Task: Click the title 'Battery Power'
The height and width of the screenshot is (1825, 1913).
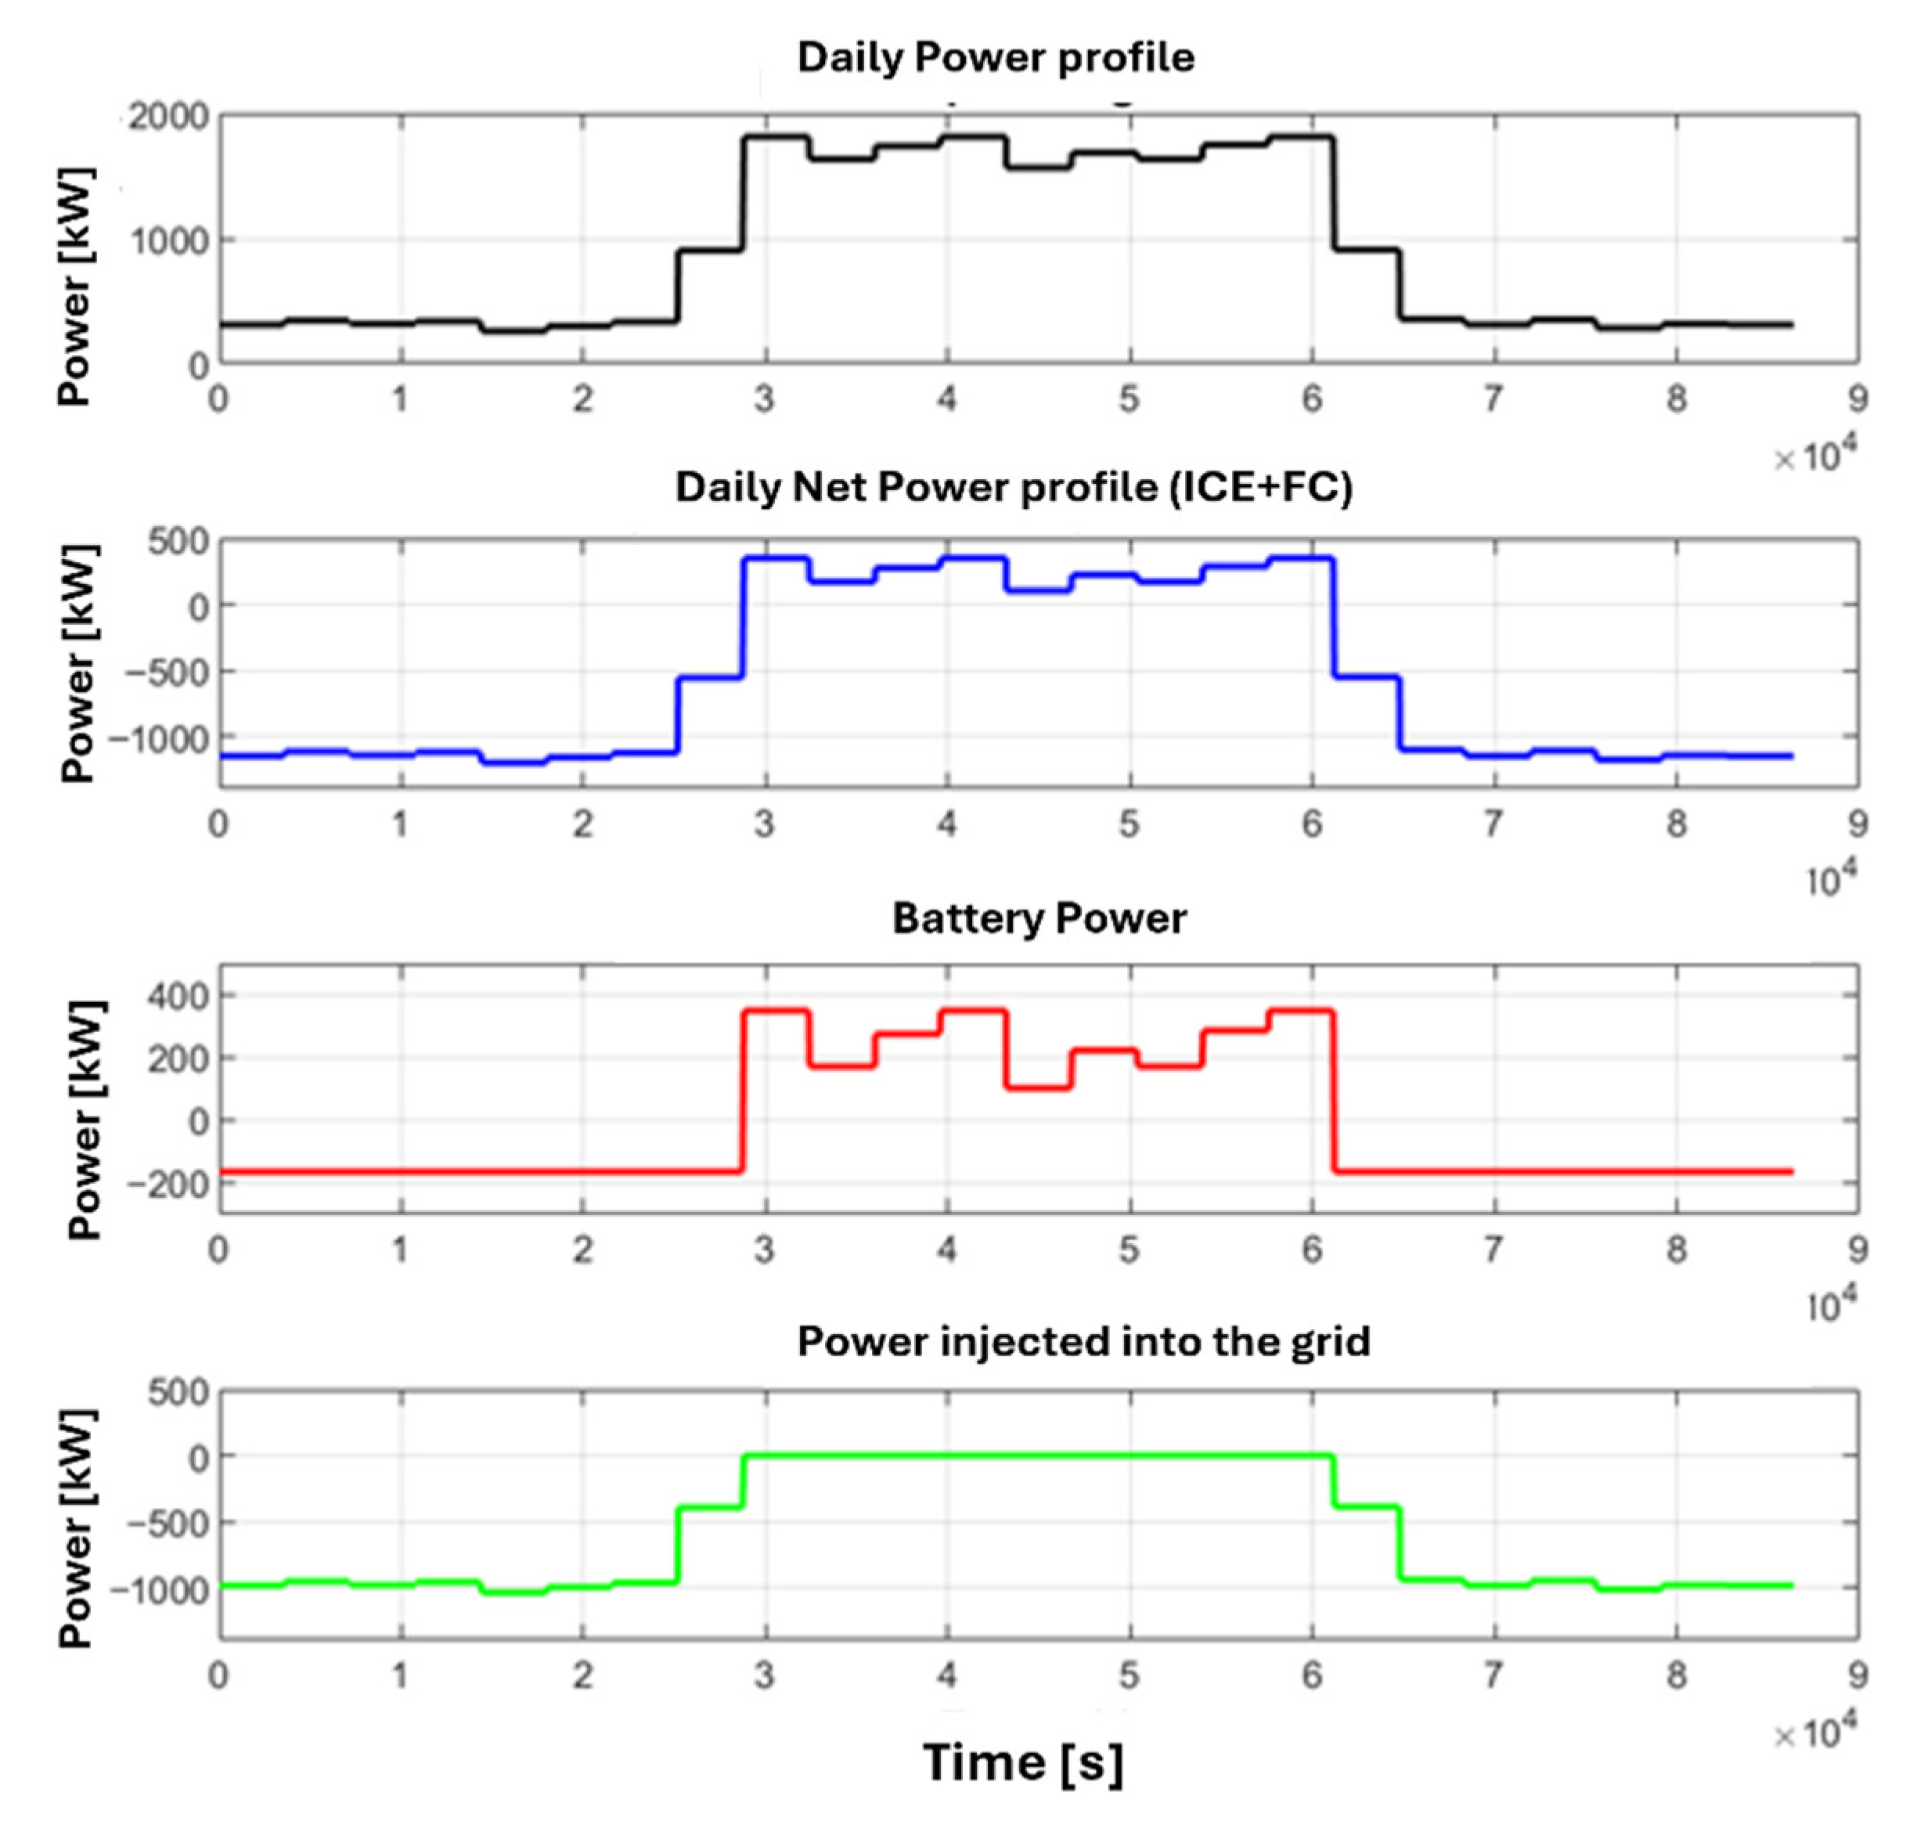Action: [x=1039, y=918]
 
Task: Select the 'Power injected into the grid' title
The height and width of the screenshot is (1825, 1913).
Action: [x=1083, y=1341]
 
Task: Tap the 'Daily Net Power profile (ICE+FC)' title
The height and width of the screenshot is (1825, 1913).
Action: [x=1014, y=486]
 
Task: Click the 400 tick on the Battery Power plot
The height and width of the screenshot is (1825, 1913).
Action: [x=178, y=995]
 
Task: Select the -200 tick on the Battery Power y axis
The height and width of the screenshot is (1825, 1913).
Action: [x=168, y=1184]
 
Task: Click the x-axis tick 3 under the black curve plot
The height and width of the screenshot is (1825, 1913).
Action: [x=765, y=398]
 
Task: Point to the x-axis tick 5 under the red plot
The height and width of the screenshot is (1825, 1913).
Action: [x=1128, y=1249]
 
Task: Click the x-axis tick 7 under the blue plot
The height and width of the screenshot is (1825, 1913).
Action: [x=1493, y=824]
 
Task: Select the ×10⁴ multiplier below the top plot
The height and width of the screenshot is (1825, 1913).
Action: [x=1815, y=456]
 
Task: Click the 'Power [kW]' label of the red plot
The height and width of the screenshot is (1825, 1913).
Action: [x=85, y=1120]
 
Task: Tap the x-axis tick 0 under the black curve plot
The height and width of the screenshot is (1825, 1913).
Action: [x=219, y=398]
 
